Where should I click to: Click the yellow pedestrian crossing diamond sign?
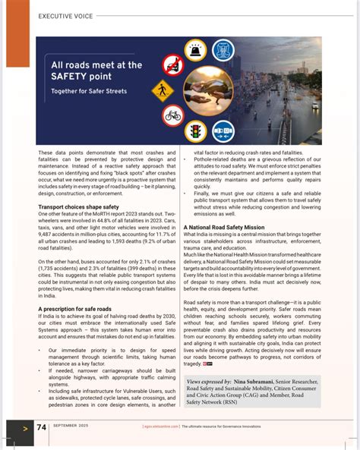coord(163,91)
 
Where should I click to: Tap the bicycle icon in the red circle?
coord(172,116)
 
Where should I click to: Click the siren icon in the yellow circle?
coord(195,50)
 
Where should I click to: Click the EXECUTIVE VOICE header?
coord(66,16)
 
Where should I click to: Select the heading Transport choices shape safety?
coord(78,207)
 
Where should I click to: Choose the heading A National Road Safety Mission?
coord(224,227)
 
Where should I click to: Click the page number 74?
coord(42,426)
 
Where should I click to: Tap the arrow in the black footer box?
coord(25,427)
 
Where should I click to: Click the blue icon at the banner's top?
coord(223,50)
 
